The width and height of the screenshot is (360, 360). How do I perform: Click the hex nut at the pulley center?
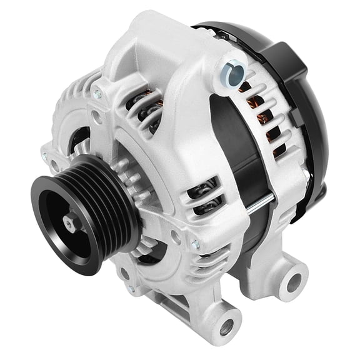[x=70, y=222]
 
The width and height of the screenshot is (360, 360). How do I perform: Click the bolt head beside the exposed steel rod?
[x=196, y=243]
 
